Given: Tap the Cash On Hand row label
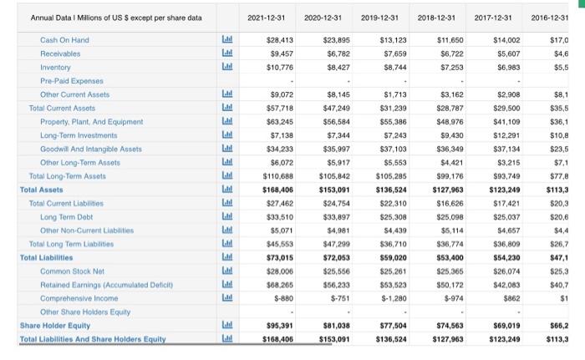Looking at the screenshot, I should (x=64, y=39).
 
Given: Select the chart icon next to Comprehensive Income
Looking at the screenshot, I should (x=225, y=296).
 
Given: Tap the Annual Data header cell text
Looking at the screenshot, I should (x=104, y=18).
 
